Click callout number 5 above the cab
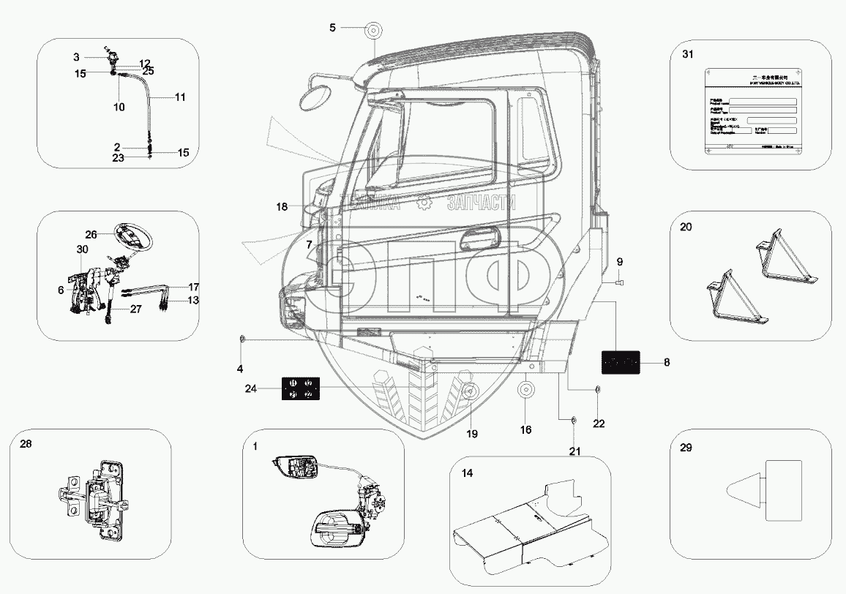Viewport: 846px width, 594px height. pos(332,28)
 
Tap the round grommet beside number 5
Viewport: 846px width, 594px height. pos(373,33)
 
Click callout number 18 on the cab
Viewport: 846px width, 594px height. pos(282,207)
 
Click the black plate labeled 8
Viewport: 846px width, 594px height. pos(620,361)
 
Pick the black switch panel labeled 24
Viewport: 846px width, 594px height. pos(300,388)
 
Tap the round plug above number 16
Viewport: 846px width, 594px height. pos(525,389)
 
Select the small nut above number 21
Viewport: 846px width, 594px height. pos(574,420)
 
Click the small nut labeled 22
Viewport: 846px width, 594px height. pos(597,389)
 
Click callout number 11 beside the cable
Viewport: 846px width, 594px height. pos(180,97)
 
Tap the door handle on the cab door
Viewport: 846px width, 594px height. pos(483,240)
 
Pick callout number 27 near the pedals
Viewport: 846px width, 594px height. pos(135,309)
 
